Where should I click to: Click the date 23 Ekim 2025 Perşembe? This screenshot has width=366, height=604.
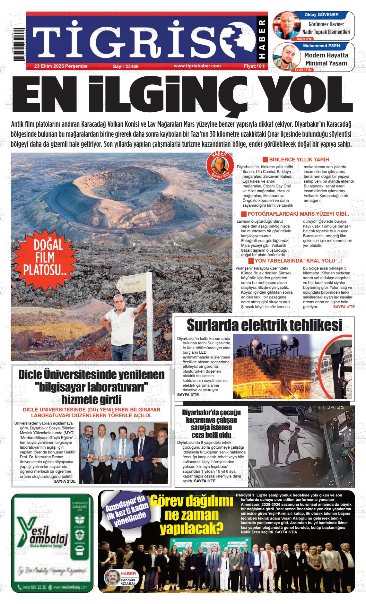pyautogui.click(x=61, y=66)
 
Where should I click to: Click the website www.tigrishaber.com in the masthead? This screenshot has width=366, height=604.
pyautogui.click(x=197, y=66)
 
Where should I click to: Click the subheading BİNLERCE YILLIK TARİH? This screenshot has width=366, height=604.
pyautogui.click(x=299, y=160)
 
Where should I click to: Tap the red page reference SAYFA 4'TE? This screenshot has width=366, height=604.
pyautogui.click(x=344, y=307)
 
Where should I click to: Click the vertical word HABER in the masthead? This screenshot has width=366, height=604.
pyautogui.click(x=262, y=40)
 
